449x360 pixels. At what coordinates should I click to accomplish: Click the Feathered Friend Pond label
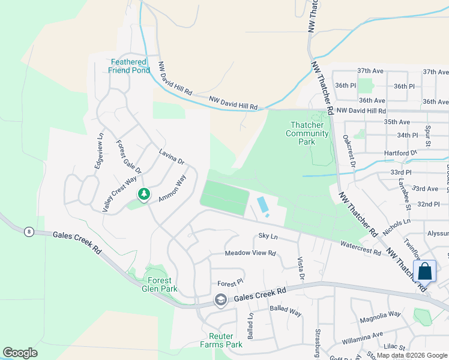(128, 66)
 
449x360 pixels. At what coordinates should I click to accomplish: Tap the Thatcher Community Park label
(307, 133)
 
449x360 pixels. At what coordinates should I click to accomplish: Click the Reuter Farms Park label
(221, 340)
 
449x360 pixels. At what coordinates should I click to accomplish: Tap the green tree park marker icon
(143, 194)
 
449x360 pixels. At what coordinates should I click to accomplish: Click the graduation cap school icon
(221, 299)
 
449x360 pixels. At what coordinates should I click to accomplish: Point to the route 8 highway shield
(28, 231)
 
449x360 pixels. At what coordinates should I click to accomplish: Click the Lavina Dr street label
(172, 158)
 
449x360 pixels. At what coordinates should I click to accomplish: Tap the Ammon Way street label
(173, 189)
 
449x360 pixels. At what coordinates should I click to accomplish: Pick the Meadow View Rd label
(250, 253)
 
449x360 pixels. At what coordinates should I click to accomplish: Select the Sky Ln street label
(268, 236)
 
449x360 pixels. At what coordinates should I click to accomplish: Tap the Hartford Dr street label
(400, 153)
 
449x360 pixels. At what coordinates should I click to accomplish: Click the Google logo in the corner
(20, 353)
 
